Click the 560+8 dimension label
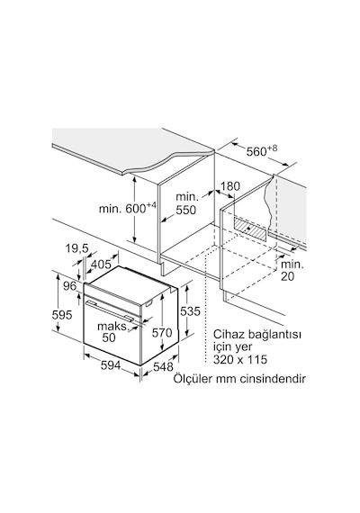coord(262,150)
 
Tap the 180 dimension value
coord(229,186)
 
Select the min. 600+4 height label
coord(128,208)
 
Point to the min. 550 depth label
coord(186,202)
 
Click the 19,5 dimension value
coord(76,249)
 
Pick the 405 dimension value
coord(101,264)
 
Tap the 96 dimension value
coord(69,285)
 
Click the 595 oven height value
coord(62,314)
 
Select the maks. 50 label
coord(112,331)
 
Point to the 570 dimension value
coord(162,333)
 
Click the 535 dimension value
coord(190,310)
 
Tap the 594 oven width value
coord(111,365)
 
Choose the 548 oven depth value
coord(163,367)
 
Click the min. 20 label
coord(292,270)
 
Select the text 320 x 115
coord(240,359)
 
